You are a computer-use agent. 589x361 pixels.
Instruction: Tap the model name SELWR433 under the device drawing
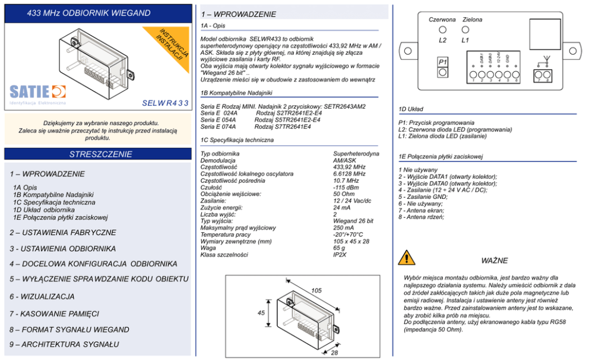pos(166,103)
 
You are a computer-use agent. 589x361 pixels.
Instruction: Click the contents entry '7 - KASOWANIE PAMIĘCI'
pos(54,313)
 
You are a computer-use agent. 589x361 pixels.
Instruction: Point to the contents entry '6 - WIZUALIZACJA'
pos(42,296)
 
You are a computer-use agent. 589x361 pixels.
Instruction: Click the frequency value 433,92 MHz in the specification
pos(349,167)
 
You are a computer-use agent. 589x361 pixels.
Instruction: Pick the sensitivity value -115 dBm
pos(346,188)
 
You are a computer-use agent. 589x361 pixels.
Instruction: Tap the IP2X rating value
pos(340,255)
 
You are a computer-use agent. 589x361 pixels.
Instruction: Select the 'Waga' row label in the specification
pos(208,248)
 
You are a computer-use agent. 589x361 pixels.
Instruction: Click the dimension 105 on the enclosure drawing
pos(316,290)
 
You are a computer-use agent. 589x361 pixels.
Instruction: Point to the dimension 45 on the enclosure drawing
pos(261,313)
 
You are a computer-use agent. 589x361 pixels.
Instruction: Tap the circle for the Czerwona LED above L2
pos(442,30)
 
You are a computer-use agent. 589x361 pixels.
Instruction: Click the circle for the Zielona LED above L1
pos(465,30)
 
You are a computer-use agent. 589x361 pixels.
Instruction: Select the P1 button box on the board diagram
pos(442,67)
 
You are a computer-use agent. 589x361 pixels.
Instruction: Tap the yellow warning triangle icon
pos(407,257)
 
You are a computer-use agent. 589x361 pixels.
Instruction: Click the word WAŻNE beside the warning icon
pos(494,261)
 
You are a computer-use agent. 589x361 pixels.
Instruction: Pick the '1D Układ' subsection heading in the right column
pos(411,109)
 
